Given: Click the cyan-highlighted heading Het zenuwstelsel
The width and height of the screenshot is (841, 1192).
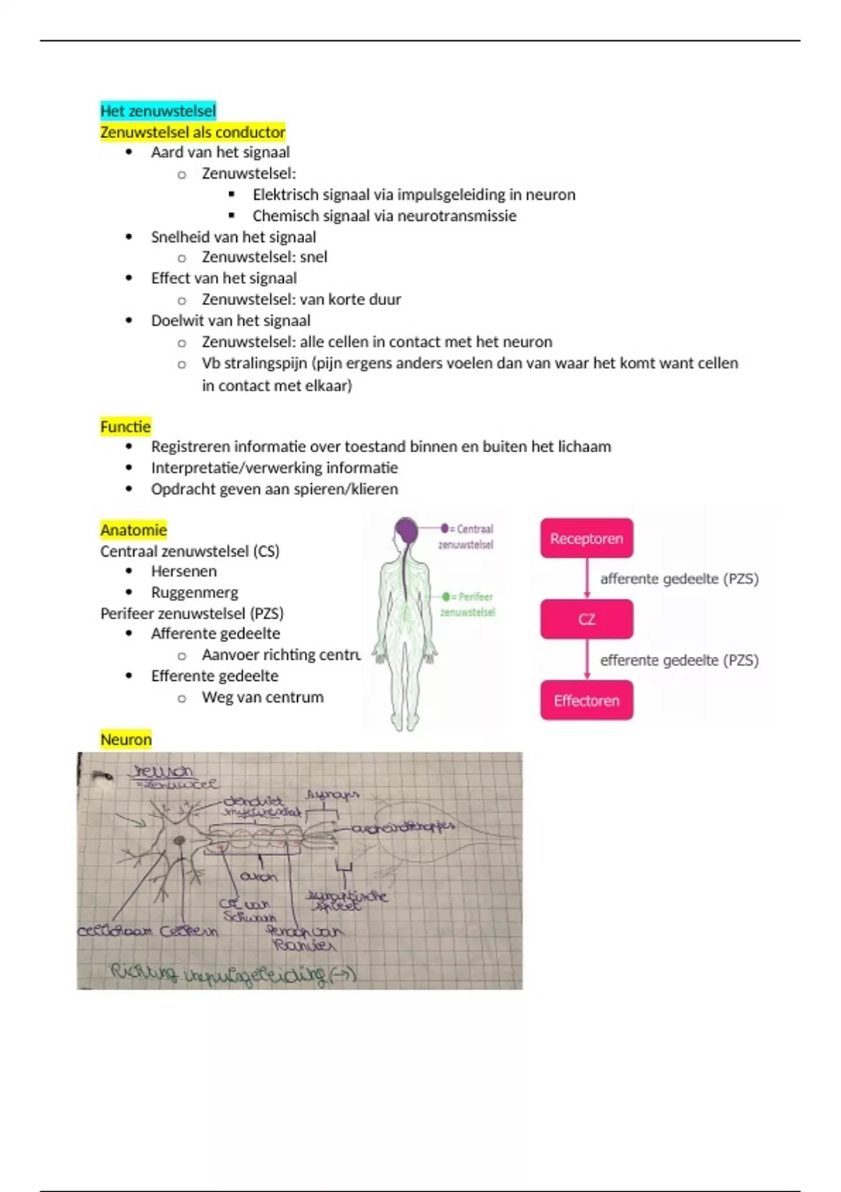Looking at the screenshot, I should pos(158,111).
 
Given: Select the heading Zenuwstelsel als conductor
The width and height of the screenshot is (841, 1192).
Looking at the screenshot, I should pos(193,132).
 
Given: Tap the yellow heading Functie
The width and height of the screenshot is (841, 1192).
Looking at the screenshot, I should pos(125,426).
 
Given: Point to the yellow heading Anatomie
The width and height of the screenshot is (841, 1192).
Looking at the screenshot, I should pos(133,529).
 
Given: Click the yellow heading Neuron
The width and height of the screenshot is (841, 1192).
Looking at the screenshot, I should pos(125,739).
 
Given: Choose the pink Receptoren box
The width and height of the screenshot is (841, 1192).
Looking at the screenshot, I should pos(587,539).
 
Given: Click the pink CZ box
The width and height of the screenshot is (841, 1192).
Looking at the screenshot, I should pos(587,619).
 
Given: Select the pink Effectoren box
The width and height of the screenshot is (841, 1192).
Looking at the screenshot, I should pos(587,700).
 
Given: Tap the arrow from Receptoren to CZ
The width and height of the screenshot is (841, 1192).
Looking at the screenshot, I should pos(587,579).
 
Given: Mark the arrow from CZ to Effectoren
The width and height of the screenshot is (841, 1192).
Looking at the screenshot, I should pos(587,660).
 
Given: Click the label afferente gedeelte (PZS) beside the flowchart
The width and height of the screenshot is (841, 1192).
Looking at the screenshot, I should pos(679,578).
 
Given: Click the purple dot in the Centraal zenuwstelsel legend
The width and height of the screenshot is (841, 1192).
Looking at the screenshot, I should pos(444,528).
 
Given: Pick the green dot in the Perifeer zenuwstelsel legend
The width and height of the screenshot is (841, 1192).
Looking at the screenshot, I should pos(446,597).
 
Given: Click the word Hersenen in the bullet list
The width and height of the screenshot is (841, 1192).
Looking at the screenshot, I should pos(184,571).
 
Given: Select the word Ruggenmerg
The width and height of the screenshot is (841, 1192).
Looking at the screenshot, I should pos(194,592).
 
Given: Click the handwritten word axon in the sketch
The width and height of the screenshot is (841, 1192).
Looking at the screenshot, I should pos(259,876).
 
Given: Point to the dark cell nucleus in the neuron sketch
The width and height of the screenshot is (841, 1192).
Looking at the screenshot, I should pos(180,840).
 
